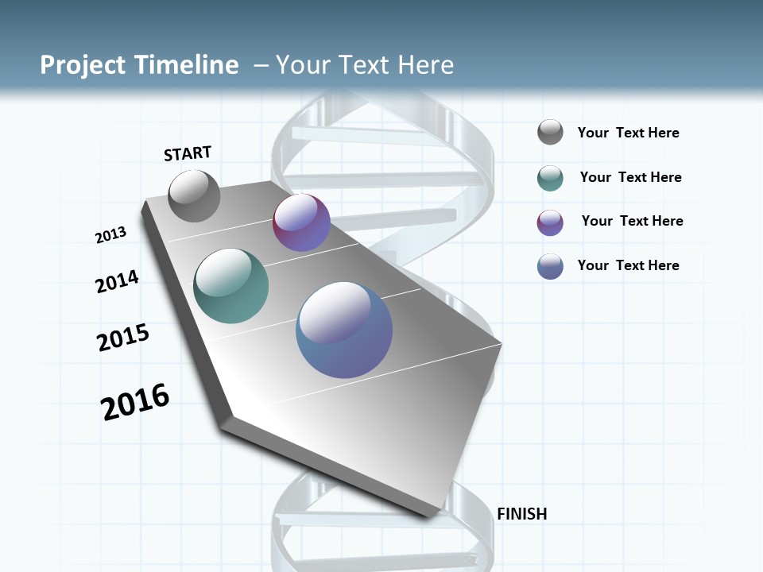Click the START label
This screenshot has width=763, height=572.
pos(188,153)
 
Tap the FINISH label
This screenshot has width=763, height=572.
pos(521,514)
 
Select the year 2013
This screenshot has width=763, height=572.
pos(110,234)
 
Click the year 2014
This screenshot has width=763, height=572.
pos(117,281)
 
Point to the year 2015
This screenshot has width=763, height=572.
pos(123,338)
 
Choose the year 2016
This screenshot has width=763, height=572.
pos(135,402)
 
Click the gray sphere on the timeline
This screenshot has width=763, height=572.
pos(195,196)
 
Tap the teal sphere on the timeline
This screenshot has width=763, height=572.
pos(231,286)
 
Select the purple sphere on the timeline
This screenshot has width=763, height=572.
pos(301,222)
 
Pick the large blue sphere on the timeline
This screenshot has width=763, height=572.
pos(344,329)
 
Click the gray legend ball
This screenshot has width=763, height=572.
pos(550,133)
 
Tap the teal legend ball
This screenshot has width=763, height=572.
pos(550,178)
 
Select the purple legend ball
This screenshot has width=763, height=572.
pos(550,222)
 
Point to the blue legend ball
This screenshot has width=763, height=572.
pos(550,266)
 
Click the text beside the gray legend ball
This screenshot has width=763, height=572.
pos(628,133)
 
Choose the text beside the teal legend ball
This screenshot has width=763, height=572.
pos(630,177)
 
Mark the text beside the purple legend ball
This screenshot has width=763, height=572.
pos(632,221)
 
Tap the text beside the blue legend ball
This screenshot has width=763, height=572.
pos(628,265)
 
